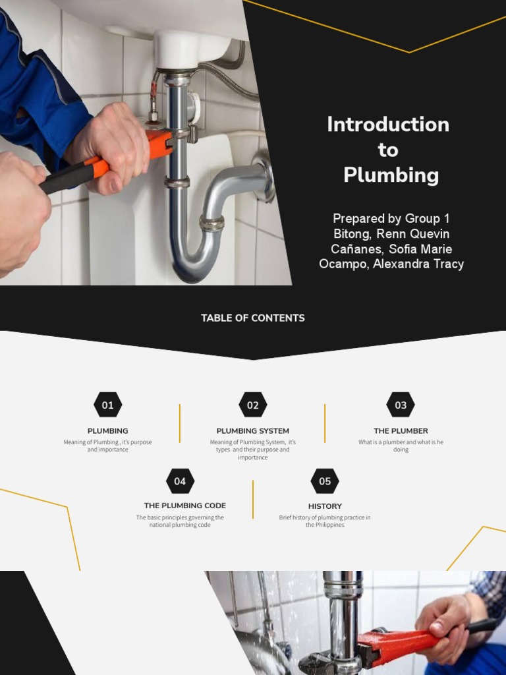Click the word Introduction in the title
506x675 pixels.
pos(388,125)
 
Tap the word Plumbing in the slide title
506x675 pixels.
pos(391,175)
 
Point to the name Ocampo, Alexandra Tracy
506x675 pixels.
pos(391,264)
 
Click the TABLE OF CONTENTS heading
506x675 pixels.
pos(253,318)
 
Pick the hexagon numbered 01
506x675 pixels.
pos(107,405)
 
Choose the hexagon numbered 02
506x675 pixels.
pos(253,405)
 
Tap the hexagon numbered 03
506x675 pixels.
pos(401,405)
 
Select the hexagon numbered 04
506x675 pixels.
pos(180,481)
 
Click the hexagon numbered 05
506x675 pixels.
pos(325,481)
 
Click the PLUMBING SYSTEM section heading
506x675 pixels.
pos(253,431)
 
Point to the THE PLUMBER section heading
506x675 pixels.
pos(401,431)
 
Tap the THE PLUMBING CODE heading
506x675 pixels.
pos(185,506)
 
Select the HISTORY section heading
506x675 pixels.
pos(325,506)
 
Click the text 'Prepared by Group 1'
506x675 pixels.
pos(391,218)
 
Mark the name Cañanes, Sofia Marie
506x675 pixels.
pos(391,249)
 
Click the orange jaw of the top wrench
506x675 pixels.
pos(160,144)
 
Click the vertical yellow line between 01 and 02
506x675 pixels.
pos(180,423)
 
